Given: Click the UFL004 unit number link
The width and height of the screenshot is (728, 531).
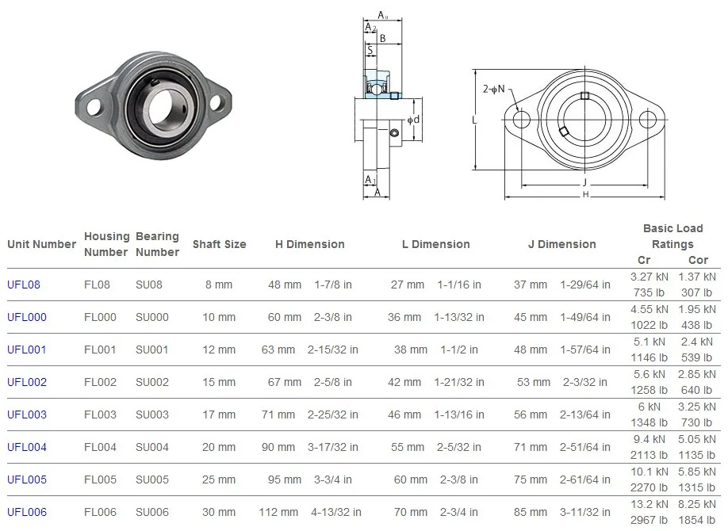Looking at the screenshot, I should click(27, 447).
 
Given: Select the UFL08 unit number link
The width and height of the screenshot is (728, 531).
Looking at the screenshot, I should click(24, 285).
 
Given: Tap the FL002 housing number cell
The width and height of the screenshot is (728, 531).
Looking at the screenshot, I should click(100, 382).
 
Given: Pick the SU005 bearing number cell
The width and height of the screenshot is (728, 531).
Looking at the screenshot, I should click(151, 479).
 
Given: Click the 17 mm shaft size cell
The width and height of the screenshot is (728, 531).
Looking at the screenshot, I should click(220, 414).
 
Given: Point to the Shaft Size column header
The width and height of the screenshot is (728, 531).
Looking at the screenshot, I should click(219, 244).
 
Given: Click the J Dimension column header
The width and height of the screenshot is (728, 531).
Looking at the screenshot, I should click(561, 244).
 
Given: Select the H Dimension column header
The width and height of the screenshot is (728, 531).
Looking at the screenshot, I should click(309, 244).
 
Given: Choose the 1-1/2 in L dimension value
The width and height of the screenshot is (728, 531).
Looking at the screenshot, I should click(459, 350).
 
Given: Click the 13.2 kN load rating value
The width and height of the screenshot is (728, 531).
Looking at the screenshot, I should click(649, 505).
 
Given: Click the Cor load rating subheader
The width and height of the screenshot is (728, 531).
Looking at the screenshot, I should click(698, 260).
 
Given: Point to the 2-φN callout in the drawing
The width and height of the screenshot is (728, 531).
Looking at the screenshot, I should click(494, 90).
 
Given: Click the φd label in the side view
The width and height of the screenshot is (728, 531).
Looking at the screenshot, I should click(412, 120).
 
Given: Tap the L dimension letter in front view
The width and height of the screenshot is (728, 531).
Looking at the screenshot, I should click(473, 120).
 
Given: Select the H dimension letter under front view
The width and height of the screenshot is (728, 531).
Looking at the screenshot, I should click(585, 194).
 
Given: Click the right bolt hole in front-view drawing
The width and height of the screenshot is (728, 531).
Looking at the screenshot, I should click(649, 120).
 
